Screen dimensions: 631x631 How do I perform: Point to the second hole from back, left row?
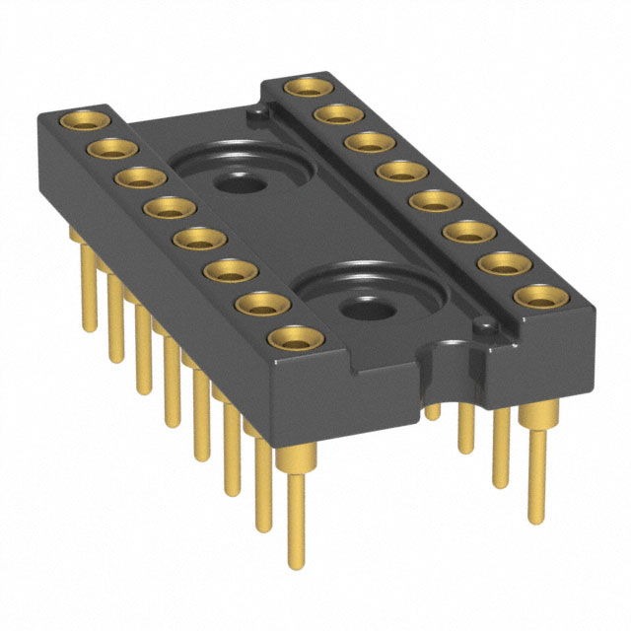click(108, 149)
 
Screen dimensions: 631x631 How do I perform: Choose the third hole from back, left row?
click(137, 178)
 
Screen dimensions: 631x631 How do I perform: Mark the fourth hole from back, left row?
click(167, 209)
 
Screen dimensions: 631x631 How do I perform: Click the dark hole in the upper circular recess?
click(235, 182)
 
